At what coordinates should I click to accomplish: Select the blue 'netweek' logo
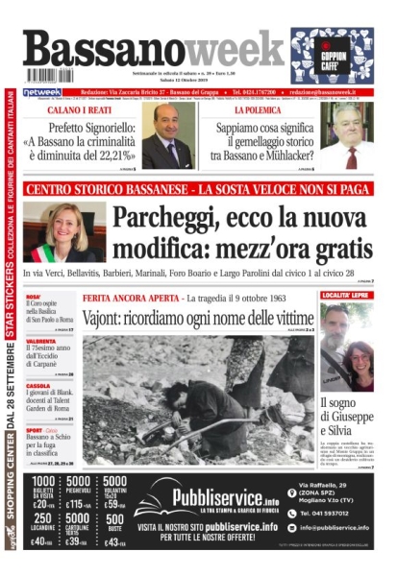tap(42, 92)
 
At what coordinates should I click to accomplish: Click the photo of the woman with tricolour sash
tap(64, 231)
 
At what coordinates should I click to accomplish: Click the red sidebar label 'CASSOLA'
tap(39, 386)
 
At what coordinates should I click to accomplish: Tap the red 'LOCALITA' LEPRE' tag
tap(347, 297)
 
